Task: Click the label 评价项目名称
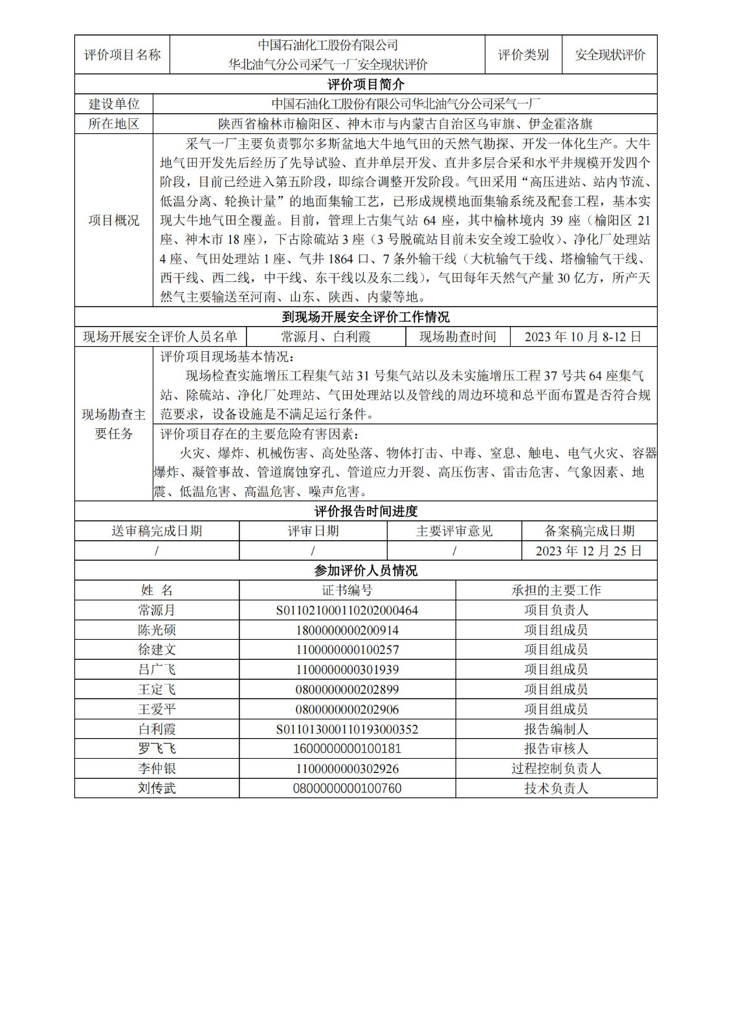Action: pos(122,55)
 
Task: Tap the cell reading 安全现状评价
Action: pos(610,55)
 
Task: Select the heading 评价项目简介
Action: pos(366,84)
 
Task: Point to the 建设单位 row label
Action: pos(114,104)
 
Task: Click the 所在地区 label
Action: pos(114,124)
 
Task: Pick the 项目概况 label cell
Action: pos(114,221)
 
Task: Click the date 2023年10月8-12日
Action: pos(582,337)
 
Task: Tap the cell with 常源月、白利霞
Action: pos(326,337)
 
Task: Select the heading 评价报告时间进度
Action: pos(366,512)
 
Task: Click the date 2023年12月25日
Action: pos(588,551)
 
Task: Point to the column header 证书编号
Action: pos(347,591)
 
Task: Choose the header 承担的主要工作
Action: pos(556,591)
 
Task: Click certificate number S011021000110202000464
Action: pos(347,611)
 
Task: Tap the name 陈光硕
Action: pos(157,630)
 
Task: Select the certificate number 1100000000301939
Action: pos(347,670)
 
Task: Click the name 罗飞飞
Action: pos(157,749)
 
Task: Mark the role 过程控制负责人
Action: pos(556,769)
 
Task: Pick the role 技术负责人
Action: pos(556,789)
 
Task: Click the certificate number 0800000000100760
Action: pos(347,789)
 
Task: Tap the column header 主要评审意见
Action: pos(454,532)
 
